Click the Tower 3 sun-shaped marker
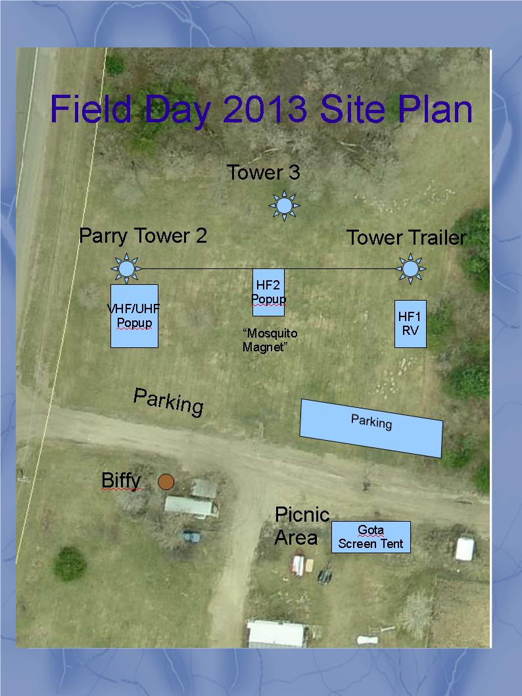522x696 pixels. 284,205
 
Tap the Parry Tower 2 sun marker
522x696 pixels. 126,268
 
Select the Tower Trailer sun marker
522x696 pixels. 411,268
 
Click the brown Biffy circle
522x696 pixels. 166,482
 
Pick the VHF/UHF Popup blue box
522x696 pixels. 134,316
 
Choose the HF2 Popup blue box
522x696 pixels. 268,293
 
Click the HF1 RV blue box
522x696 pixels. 410,324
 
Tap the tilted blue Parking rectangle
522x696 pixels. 371,428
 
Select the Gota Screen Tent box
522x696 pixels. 371,537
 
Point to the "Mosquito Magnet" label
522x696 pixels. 270,340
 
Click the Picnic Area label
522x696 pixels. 302,526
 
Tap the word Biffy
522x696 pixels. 121,480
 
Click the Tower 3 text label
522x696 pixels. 264,172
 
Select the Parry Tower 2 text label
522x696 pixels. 143,236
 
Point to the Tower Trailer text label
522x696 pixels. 406,237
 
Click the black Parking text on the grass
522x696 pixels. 168,402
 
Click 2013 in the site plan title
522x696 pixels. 265,109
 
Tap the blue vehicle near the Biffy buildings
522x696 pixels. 191,536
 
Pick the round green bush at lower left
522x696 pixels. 70,563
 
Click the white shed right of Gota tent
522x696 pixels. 465,549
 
